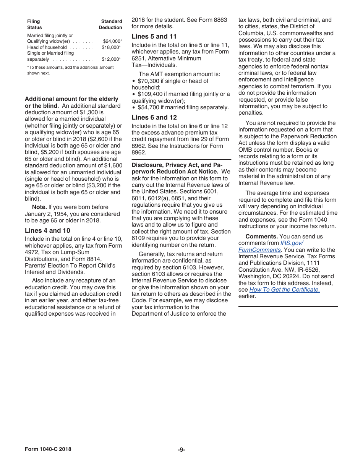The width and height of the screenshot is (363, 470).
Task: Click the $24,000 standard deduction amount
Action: coord(112,41)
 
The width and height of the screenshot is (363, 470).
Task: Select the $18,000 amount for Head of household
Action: coord(111,47)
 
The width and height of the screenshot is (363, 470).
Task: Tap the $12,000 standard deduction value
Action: coord(111,59)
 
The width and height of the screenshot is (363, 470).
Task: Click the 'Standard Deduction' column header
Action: coord(111,24)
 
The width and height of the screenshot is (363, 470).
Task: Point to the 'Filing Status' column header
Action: coord(34,24)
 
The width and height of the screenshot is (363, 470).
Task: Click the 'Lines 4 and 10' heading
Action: coord(47,230)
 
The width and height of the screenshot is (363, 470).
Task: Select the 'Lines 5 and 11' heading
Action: coord(154,36)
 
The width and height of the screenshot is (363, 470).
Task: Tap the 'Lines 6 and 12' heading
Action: coord(154,117)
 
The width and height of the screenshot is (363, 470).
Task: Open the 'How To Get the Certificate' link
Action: coord(284,290)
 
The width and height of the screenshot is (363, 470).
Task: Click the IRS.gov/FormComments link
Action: coord(271,246)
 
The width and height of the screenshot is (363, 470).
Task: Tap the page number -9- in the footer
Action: coord(181,449)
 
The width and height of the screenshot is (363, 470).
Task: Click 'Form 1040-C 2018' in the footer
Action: coord(48,449)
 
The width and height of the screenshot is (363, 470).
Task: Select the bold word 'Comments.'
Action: coord(261,237)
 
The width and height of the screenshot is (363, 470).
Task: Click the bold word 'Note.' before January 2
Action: coord(39,207)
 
